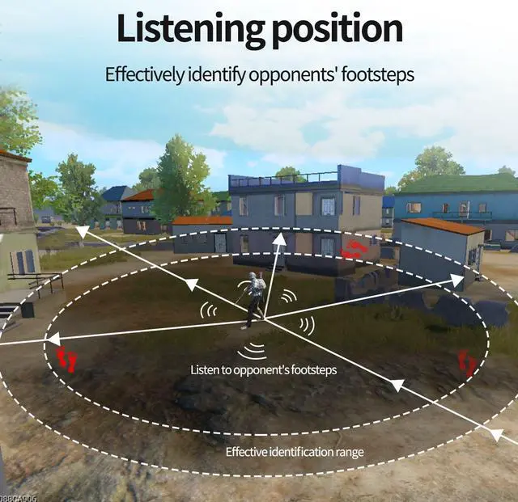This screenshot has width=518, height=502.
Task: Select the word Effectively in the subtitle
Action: click(x=142, y=74)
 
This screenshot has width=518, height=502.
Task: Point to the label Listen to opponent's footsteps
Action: click(x=263, y=369)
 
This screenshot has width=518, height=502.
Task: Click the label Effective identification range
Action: click(x=295, y=452)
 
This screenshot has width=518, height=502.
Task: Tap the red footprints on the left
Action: click(x=66, y=358)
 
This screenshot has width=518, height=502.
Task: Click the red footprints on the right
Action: click(x=467, y=362)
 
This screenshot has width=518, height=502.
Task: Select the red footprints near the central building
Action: click(x=353, y=250)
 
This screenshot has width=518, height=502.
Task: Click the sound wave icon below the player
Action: click(x=253, y=350)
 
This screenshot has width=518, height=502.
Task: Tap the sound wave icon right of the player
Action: click(x=307, y=325)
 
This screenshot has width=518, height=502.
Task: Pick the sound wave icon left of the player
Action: click(x=209, y=310)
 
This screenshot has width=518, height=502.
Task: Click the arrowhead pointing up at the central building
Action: click(x=279, y=239)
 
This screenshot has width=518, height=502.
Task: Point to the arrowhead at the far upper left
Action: click(x=82, y=233)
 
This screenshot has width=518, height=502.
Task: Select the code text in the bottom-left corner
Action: click(x=17, y=497)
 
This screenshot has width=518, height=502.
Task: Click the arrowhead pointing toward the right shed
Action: click(x=456, y=280)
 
